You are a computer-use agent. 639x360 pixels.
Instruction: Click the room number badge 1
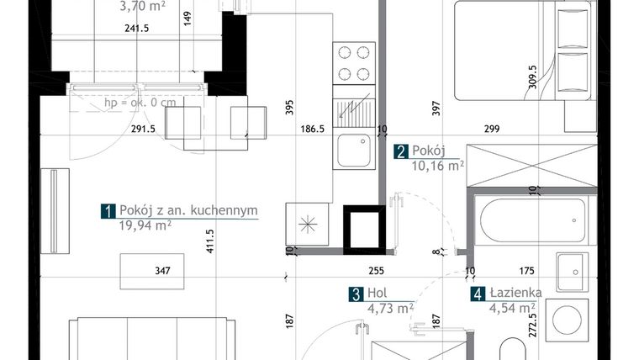108,211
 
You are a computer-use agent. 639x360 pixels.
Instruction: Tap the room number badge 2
401,151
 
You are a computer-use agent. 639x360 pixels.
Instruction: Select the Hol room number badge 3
356,294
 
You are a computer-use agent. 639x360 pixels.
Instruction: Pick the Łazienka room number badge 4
478,294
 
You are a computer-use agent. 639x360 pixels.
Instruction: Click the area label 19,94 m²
145,225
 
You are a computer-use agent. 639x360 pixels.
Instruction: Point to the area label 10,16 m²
438,166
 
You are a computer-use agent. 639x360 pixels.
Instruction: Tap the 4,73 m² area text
390,308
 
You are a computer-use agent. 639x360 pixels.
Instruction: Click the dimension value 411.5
210,241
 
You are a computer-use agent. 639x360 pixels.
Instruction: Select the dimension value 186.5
313,129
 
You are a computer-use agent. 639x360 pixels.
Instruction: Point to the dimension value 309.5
532,77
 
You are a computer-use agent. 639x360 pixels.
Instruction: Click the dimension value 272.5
532,325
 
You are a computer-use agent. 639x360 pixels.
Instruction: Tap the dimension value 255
376,271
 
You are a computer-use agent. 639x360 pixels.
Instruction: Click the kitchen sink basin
354,151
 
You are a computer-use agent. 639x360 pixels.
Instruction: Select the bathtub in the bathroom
533,220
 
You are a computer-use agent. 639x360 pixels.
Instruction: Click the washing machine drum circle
567,320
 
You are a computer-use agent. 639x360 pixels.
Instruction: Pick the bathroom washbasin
573,272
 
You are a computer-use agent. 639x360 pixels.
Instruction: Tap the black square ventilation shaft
364,230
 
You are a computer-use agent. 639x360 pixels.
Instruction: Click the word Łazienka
516,293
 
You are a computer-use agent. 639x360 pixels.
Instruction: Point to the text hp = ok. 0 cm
140,102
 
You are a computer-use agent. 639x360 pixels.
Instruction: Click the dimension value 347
162,271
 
